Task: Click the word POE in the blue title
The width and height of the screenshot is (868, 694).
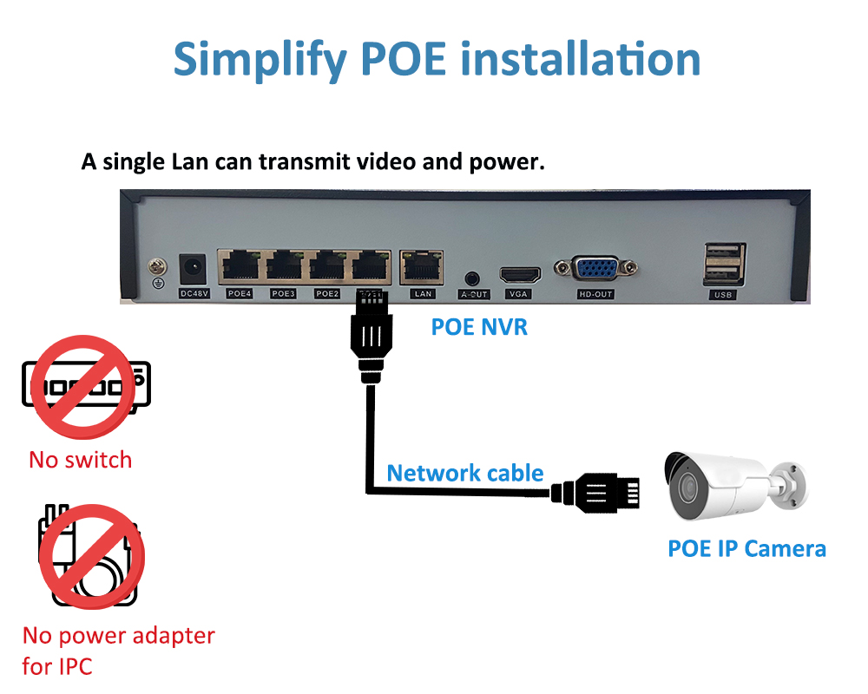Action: [x=404, y=59]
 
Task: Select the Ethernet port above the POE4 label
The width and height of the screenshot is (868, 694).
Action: [x=240, y=266]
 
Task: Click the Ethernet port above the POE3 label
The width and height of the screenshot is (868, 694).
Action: [x=284, y=266]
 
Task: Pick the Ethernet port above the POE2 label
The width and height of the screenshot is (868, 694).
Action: [x=327, y=266]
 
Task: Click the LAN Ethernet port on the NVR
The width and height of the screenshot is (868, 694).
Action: [x=422, y=267]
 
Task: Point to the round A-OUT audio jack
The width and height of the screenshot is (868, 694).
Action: [x=471, y=278]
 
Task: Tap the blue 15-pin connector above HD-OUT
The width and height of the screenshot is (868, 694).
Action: [x=595, y=269]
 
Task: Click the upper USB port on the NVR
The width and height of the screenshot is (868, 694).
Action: [x=724, y=255]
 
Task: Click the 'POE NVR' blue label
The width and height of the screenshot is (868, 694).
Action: [x=479, y=327]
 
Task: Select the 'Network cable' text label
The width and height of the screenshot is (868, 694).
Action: [x=465, y=473]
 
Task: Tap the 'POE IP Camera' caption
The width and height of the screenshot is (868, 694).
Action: [x=746, y=549]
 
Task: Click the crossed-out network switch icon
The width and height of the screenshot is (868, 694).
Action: [x=86, y=386]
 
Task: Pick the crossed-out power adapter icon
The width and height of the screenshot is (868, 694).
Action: [x=91, y=556]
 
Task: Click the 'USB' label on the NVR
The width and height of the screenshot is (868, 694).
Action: [x=723, y=295]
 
